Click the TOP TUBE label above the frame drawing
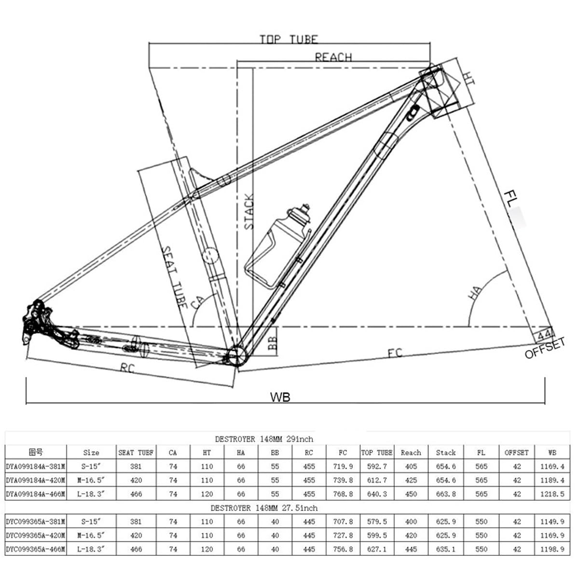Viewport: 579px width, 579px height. (289, 40)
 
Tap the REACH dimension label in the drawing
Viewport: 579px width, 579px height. (333, 57)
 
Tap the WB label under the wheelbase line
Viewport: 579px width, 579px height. (280, 397)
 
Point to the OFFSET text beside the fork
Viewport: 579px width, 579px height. (545, 348)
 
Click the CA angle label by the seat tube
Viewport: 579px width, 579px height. (197, 302)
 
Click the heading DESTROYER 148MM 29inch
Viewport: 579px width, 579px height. (264, 439)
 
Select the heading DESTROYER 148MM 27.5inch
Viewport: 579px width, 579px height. (264, 508)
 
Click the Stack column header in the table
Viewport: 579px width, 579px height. (445, 453)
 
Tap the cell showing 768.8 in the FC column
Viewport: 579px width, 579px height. (343, 494)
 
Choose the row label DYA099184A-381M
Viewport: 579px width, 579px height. (36, 467)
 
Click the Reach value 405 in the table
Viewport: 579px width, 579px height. (411, 467)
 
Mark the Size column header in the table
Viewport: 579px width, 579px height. (91, 453)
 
